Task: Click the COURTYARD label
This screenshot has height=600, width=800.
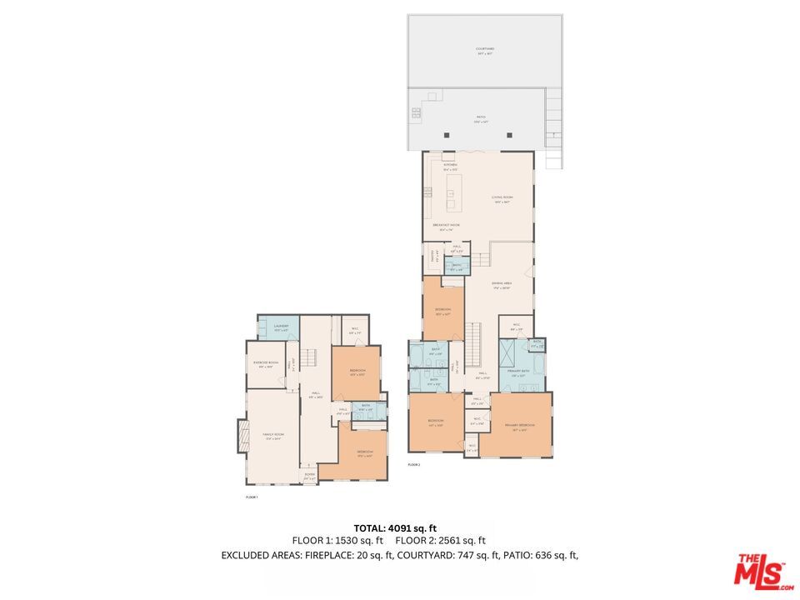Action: pyautogui.click(x=485, y=49)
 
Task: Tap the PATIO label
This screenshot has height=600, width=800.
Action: pyautogui.click(x=480, y=118)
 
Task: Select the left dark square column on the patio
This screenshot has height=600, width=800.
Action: pyautogui.click(x=447, y=134)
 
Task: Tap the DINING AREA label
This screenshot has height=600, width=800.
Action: pyautogui.click(x=501, y=284)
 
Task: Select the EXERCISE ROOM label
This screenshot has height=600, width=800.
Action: pyautogui.click(x=266, y=363)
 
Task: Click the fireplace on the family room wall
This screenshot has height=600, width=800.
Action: pyautogui.click(x=242, y=436)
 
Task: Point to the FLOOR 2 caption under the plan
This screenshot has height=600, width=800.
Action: pyautogui.click(x=414, y=464)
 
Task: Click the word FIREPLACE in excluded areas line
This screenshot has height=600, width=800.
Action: pyautogui.click(x=336, y=555)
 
